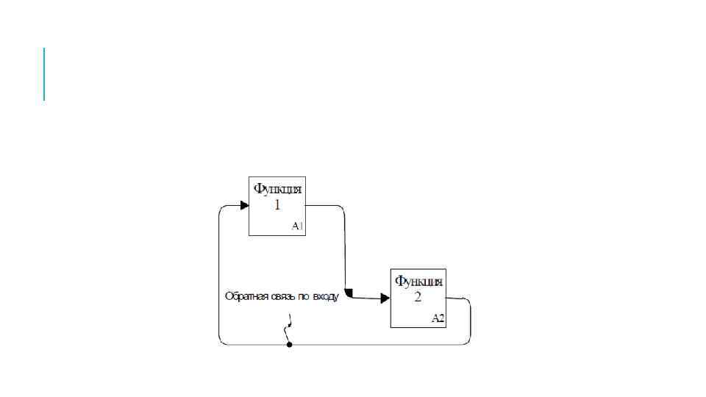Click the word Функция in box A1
pos(277,189)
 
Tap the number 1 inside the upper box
pos(277,206)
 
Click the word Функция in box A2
pos(418,281)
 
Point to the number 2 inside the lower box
pos(418,298)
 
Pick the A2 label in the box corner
pos(438,318)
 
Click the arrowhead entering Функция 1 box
pos(245,205)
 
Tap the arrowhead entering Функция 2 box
pos(385,298)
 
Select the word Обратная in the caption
pos(244,297)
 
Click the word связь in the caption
pos(280,297)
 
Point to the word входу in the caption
pos(324,297)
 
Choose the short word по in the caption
pos(302,297)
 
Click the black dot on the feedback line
pos(289,344)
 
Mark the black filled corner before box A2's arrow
pos(349,293)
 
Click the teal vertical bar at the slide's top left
pos(44,74)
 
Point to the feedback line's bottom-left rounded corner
pos(221,342)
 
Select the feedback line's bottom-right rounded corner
pos(468,342)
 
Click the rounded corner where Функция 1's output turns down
pos(342,208)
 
